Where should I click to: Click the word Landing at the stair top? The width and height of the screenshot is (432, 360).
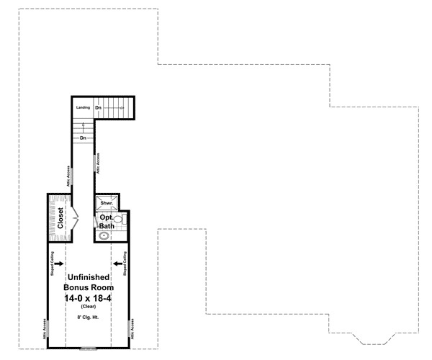coord(83,107)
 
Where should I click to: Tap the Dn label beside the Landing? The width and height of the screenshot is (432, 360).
coord(99,107)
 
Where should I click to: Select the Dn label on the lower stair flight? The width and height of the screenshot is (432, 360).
coord(84,138)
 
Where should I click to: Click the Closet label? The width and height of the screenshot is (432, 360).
coord(61,217)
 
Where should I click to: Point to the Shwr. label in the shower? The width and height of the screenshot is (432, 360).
coord(106,204)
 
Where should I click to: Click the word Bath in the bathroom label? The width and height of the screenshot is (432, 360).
coord(107,226)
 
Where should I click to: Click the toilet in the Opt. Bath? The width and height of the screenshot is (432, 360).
coord(118,219)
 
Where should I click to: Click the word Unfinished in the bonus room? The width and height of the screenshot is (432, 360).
coord(88,276)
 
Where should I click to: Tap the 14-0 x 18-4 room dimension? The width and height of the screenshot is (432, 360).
coord(88,296)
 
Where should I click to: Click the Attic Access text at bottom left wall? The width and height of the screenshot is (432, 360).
coord(45,330)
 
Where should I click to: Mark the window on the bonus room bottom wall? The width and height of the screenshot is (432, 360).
coord(88,348)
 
